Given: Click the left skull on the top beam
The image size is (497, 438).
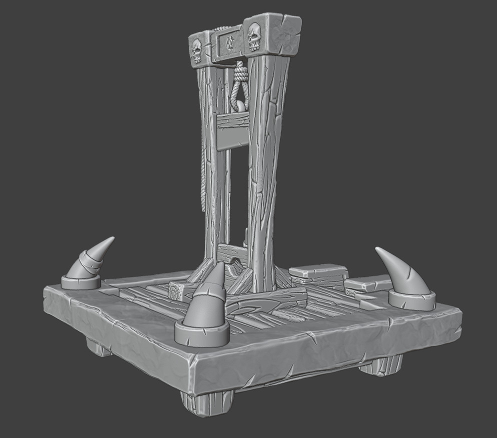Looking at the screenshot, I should point(196,51).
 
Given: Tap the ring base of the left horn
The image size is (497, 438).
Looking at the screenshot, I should point(81,282).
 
